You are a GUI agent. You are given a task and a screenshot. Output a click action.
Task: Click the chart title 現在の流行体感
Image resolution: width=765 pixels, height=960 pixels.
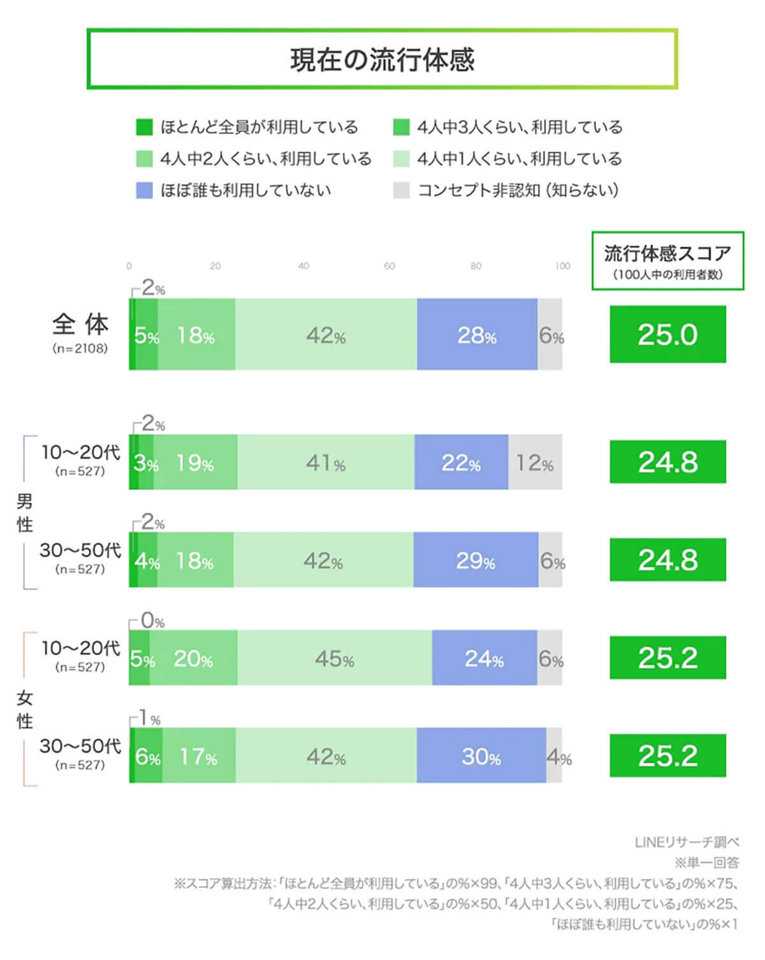click(382, 59)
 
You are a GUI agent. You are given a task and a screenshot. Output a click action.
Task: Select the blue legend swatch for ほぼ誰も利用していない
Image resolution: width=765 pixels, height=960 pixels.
click(145, 190)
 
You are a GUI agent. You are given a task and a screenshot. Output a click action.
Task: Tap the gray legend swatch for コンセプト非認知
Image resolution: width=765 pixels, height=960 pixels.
click(401, 190)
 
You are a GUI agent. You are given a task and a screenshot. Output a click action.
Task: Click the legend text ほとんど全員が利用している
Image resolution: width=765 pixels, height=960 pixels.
click(259, 127)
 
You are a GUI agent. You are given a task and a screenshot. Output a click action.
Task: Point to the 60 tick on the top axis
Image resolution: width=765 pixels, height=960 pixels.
click(390, 266)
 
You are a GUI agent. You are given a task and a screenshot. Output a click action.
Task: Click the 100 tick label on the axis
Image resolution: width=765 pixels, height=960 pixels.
click(562, 266)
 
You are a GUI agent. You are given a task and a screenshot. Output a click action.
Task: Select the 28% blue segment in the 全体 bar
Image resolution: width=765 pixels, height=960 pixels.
click(477, 335)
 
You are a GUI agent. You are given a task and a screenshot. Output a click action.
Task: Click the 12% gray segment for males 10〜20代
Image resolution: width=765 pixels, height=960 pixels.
click(535, 463)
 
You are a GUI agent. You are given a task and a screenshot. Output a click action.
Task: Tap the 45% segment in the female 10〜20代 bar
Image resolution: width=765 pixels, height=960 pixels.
click(335, 658)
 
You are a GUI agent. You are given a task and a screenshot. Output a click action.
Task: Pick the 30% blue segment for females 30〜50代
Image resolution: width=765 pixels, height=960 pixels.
click(481, 757)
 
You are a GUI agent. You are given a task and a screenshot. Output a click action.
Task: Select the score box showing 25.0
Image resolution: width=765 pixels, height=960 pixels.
click(667, 335)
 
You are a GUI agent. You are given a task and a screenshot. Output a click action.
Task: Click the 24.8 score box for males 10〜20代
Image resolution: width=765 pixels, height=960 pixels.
click(667, 462)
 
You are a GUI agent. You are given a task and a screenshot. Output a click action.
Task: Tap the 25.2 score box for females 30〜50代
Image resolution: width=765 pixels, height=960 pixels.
click(667, 756)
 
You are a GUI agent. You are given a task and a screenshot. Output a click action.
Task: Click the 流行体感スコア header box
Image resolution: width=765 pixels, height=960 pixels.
click(667, 261)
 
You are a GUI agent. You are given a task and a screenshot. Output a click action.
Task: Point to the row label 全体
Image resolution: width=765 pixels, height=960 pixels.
click(80, 325)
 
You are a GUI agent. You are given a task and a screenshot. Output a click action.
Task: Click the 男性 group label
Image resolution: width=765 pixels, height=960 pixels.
click(25, 513)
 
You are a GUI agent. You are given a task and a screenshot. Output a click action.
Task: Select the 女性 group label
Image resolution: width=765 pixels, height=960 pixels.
click(25, 709)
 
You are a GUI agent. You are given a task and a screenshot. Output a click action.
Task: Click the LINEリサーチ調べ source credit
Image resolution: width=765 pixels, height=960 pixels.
click(687, 842)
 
